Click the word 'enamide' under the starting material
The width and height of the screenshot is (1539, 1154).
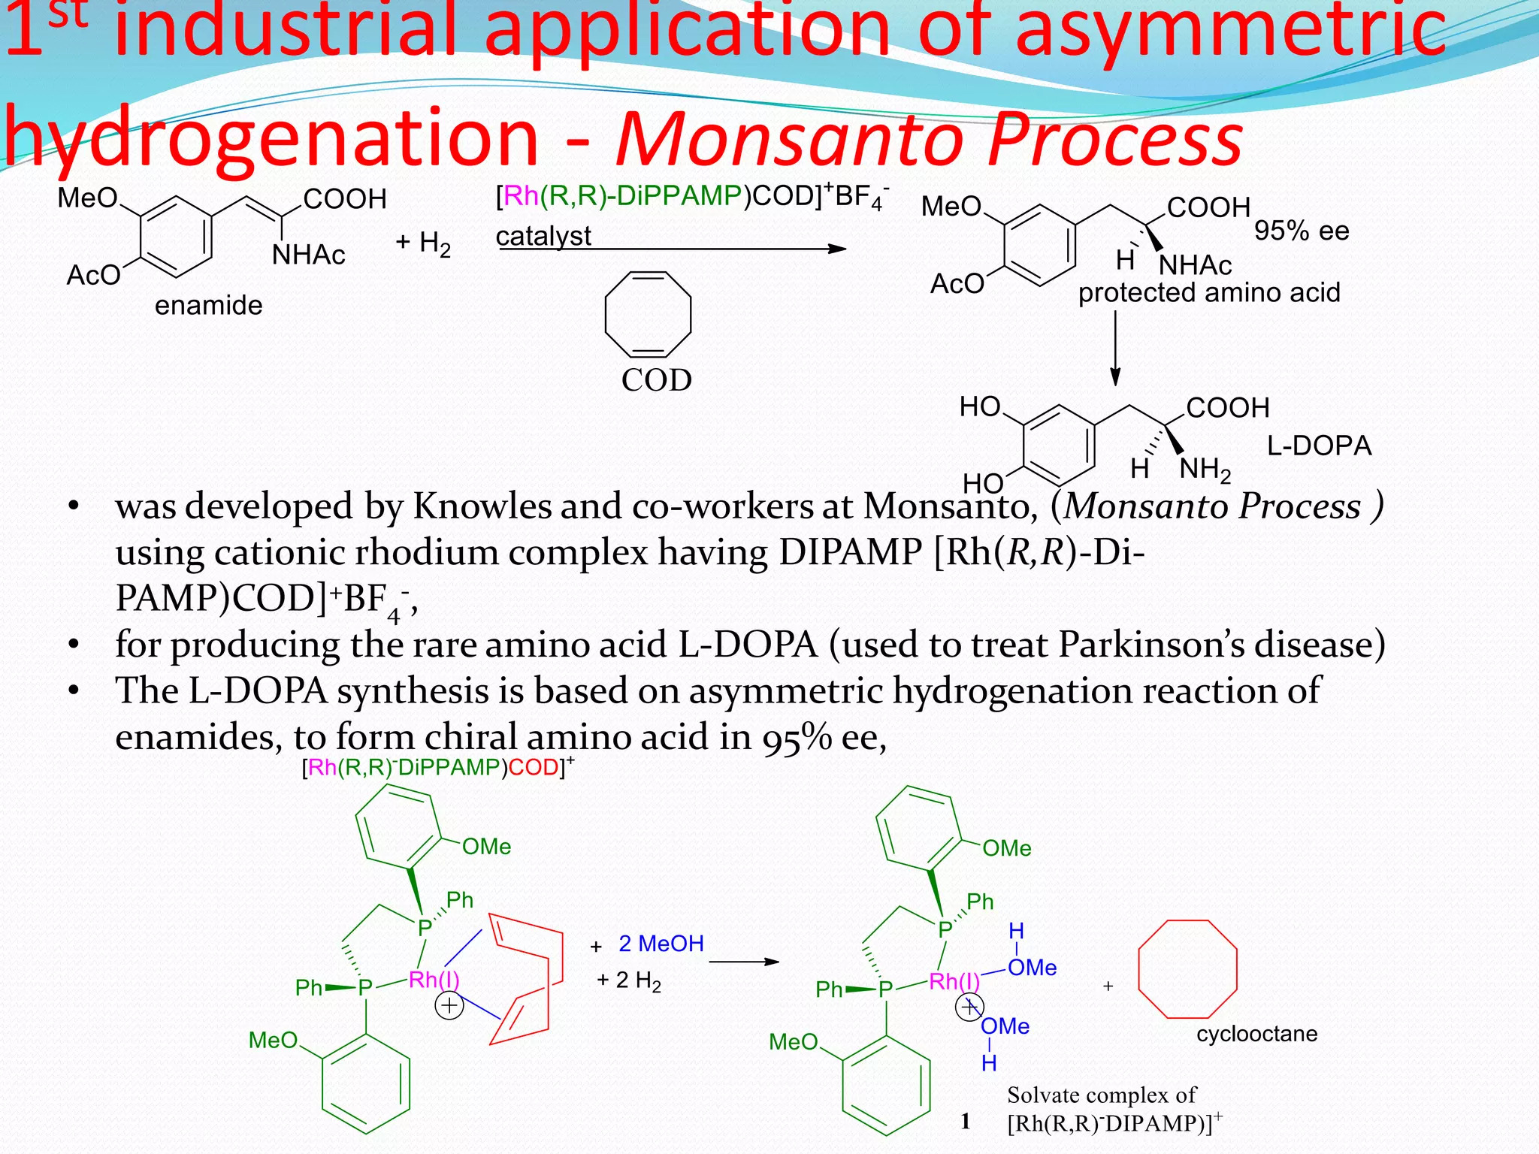pos(208,306)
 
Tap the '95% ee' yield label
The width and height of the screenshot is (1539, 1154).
pos(1302,231)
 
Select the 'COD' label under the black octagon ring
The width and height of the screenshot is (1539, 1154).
pos(656,380)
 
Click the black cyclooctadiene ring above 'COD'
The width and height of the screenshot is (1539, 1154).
pos(648,314)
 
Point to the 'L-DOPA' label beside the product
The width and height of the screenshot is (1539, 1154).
pos(1319,446)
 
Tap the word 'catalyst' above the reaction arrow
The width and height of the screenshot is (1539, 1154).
pos(543,236)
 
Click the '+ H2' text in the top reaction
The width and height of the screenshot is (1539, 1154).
pos(423,243)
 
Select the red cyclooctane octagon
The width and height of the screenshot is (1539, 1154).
pos(1188,968)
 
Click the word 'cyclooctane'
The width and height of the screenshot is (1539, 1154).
pos(1256,1034)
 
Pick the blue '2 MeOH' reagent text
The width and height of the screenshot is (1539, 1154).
pos(661,944)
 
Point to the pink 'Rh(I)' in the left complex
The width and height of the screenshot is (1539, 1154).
pos(434,980)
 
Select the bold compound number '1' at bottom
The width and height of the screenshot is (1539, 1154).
pos(966,1122)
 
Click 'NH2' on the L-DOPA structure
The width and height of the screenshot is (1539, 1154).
pos(1205,470)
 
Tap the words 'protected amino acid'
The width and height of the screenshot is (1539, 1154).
pos(1209,292)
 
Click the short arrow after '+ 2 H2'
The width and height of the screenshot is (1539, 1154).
pos(743,962)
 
